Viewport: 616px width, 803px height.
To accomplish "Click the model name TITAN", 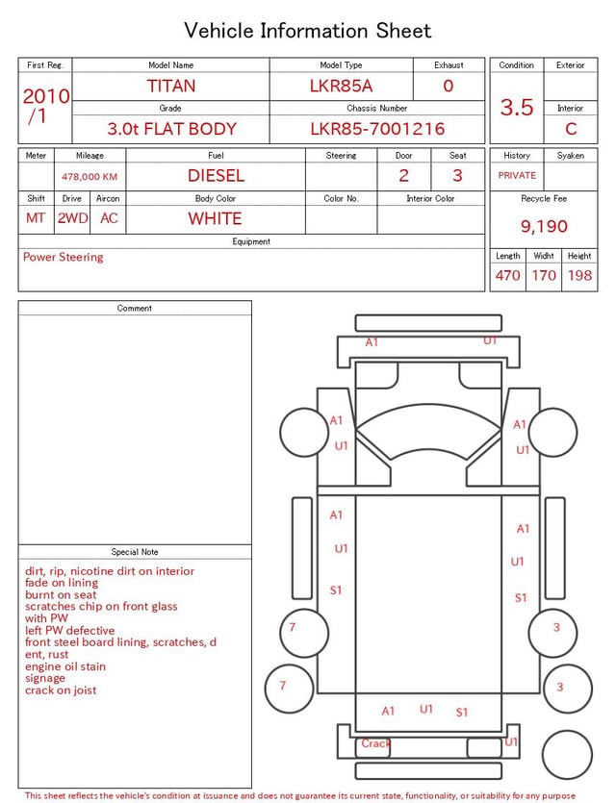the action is (x=171, y=86).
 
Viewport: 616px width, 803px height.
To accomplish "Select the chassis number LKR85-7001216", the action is (x=377, y=129).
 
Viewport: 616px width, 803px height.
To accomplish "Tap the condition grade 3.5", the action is (x=517, y=107).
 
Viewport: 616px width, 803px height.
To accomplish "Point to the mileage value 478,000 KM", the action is (x=90, y=177).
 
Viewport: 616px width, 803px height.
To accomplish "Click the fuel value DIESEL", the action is (x=216, y=176).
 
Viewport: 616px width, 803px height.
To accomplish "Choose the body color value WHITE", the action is (x=215, y=218).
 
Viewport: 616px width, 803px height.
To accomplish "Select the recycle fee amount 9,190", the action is (x=544, y=226).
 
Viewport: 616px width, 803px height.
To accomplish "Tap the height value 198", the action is (x=579, y=275).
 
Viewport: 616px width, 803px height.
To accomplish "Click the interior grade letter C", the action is (x=571, y=129).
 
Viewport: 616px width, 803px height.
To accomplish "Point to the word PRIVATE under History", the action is (x=517, y=175).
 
